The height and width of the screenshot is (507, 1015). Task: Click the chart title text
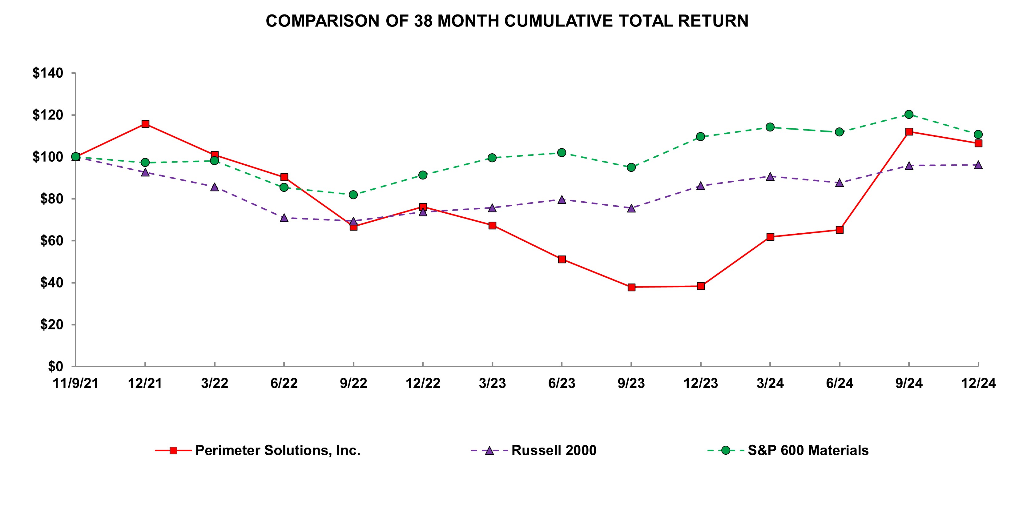tap(507, 21)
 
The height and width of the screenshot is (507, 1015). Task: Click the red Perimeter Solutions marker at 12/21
tap(145, 124)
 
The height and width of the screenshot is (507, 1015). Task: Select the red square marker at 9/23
tap(631, 287)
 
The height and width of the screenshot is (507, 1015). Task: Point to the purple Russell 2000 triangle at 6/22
tap(284, 217)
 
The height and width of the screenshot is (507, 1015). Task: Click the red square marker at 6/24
tap(840, 230)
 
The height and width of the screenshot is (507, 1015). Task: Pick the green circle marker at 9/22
tap(353, 195)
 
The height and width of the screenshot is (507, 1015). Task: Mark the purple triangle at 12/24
tap(978, 165)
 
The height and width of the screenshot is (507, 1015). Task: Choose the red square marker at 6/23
tap(562, 259)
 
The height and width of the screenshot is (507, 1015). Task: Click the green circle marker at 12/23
tap(701, 137)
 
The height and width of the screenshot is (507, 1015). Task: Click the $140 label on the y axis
tap(48, 73)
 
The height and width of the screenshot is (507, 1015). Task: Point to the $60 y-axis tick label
tap(51, 241)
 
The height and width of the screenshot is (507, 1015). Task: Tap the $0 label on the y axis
tap(55, 366)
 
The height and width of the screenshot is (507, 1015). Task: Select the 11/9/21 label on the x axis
tap(76, 383)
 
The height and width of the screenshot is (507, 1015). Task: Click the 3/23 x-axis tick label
tap(492, 383)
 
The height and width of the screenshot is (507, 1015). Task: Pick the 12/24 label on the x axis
tap(978, 383)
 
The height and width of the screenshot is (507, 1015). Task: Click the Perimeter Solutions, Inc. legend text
tap(278, 450)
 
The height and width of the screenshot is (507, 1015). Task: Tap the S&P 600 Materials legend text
tap(808, 450)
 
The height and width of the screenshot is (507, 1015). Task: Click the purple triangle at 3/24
tap(770, 176)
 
